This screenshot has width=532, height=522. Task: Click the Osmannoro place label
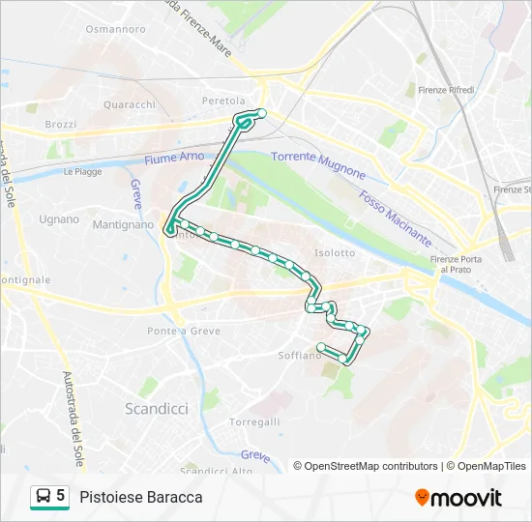pos(114,29)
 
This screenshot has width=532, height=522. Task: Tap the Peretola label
pos(223,101)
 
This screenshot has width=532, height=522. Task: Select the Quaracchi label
pos(129,104)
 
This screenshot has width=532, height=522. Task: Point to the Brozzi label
pos(60,125)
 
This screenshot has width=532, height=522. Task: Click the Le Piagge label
pos(82,171)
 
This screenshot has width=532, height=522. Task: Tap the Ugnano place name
pos(59,219)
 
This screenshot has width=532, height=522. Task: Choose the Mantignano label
pos(123,224)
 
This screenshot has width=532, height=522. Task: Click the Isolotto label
pos(335,253)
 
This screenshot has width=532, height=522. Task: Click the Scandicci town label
pos(157,409)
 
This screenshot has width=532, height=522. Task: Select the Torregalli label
pos(254,422)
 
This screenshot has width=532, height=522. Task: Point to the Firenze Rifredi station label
pos(446,90)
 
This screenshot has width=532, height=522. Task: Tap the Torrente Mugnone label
pos(318,164)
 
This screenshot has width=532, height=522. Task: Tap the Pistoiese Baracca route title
pos(141,497)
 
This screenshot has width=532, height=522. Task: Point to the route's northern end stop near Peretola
pos(261,113)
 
